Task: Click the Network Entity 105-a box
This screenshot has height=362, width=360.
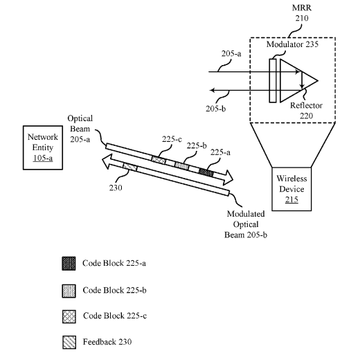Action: tap(43, 147)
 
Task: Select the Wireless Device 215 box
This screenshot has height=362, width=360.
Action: tap(291, 189)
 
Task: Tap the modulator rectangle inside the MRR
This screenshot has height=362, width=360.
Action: tap(273, 80)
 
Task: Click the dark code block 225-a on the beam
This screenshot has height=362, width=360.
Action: tap(206, 172)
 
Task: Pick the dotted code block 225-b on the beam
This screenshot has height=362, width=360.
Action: tap(182, 166)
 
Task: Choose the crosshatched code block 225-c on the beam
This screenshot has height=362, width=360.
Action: tap(159, 160)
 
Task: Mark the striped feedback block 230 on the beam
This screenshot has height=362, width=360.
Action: tap(130, 167)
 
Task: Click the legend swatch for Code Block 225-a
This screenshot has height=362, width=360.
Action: tap(69, 264)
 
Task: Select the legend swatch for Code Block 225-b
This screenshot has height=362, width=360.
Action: tap(69, 291)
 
